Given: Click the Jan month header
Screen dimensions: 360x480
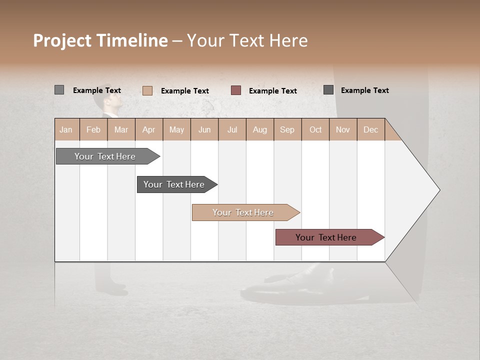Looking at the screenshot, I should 66,129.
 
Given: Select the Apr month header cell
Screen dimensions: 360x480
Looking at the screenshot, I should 149,129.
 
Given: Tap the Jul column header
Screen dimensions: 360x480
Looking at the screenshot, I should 232,129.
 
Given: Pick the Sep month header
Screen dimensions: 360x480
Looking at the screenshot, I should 287,129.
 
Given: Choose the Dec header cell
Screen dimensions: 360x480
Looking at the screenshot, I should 370,129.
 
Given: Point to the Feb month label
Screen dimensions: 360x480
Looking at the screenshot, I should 93,129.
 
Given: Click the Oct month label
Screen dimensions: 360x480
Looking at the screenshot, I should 315,129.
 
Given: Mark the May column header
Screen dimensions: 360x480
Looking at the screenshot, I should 176,129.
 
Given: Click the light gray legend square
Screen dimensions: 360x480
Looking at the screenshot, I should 59,90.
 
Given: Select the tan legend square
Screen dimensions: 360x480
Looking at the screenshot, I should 147,90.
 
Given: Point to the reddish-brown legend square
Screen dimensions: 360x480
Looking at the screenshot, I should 236,90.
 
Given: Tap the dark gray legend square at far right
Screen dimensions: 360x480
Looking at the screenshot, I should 328,90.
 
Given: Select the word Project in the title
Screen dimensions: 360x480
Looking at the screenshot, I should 62,40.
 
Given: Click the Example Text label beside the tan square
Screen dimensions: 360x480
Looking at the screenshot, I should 185,91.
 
